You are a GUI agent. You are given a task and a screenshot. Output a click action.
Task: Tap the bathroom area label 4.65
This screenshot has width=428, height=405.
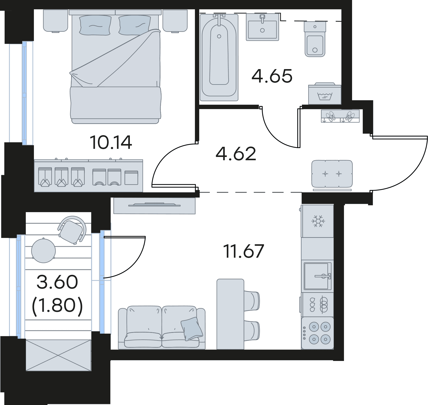pyautogui.click(x=272, y=76)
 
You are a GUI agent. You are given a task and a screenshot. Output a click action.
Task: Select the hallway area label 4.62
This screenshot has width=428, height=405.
pyautogui.click(x=236, y=154)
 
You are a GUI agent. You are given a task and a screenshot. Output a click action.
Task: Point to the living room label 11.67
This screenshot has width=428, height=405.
pyautogui.click(x=244, y=251)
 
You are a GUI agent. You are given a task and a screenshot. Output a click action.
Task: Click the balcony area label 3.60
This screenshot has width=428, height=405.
pyautogui.click(x=57, y=282)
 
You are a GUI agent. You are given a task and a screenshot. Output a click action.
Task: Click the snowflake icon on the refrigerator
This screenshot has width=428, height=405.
pyautogui.click(x=318, y=221)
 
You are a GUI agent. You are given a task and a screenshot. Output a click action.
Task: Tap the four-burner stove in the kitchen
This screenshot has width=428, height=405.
pyautogui.click(x=317, y=333)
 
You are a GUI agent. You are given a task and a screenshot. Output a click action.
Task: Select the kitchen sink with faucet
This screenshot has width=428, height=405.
pyautogui.click(x=318, y=276)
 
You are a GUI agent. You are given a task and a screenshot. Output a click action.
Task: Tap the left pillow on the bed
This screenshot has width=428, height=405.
pyautogui.click(x=95, y=25)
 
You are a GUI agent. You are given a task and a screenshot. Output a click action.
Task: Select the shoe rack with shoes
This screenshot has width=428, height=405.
pyautogui.click(x=340, y=116)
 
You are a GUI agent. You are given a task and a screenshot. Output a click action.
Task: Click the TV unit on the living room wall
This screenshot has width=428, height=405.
pyautogui.click(x=154, y=205)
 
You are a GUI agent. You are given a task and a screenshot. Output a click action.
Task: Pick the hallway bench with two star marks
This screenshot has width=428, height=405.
pyautogui.click(x=332, y=174)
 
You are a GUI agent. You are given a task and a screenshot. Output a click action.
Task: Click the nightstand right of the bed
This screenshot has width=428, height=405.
pyautogui.click(x=175, y=21)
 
